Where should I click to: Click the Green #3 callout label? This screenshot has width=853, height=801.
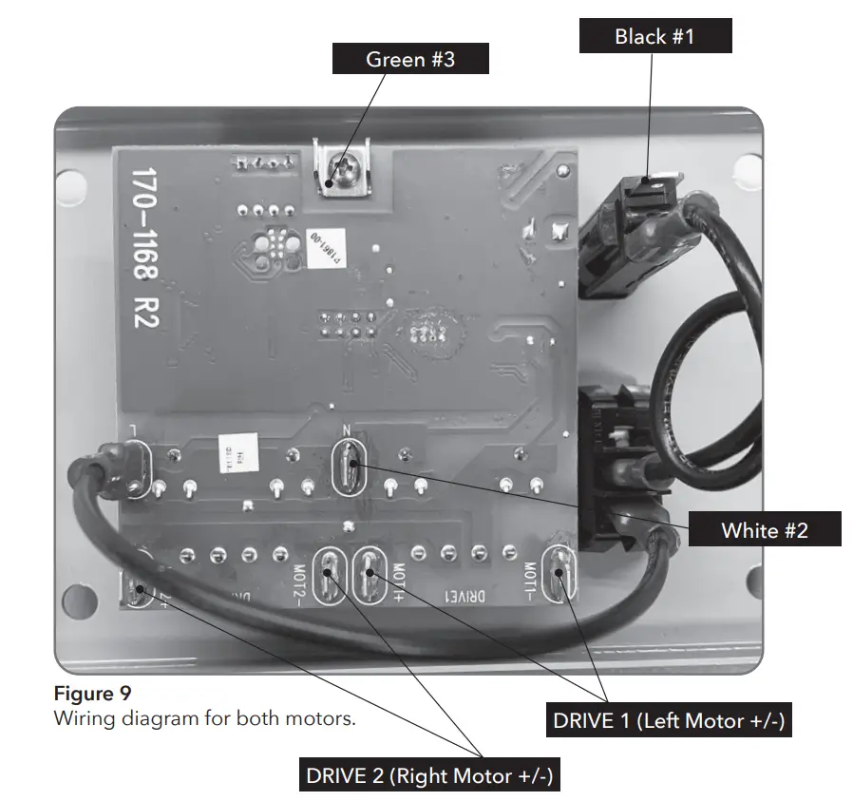pos(410,59)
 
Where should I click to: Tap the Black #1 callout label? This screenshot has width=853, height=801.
pos(654,36)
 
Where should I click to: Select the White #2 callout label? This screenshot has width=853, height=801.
pos(764,529)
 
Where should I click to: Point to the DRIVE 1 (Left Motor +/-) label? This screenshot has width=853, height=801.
pos(668,720)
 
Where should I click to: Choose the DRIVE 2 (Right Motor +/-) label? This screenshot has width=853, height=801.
pos(428,775)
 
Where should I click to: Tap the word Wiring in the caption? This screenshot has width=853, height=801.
pos(82,717)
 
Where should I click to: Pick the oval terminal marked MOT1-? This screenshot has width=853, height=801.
pos(559,575)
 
